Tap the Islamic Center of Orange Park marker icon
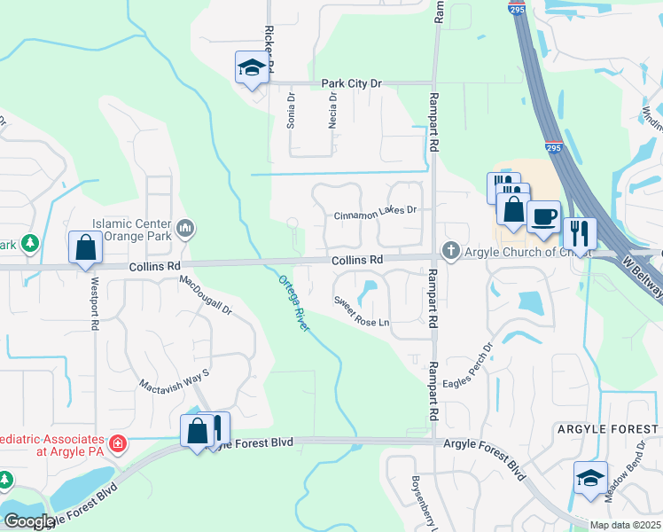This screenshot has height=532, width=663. [x=185, y=230]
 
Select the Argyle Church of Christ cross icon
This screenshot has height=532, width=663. [x=451, y=252]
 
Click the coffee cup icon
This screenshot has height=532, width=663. [x=542, y=215]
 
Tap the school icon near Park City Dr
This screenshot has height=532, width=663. [x=252, y=67]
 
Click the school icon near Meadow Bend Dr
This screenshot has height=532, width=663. [x=590, y=477]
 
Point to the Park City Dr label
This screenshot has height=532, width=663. [x=351, y=83]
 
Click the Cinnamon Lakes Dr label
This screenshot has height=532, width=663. [x=375, y=215]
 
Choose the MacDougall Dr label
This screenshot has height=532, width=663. [x=206, y=296]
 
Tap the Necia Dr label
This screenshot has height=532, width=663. [x=332, y=113]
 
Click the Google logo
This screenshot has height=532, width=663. [x=29, y=521]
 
